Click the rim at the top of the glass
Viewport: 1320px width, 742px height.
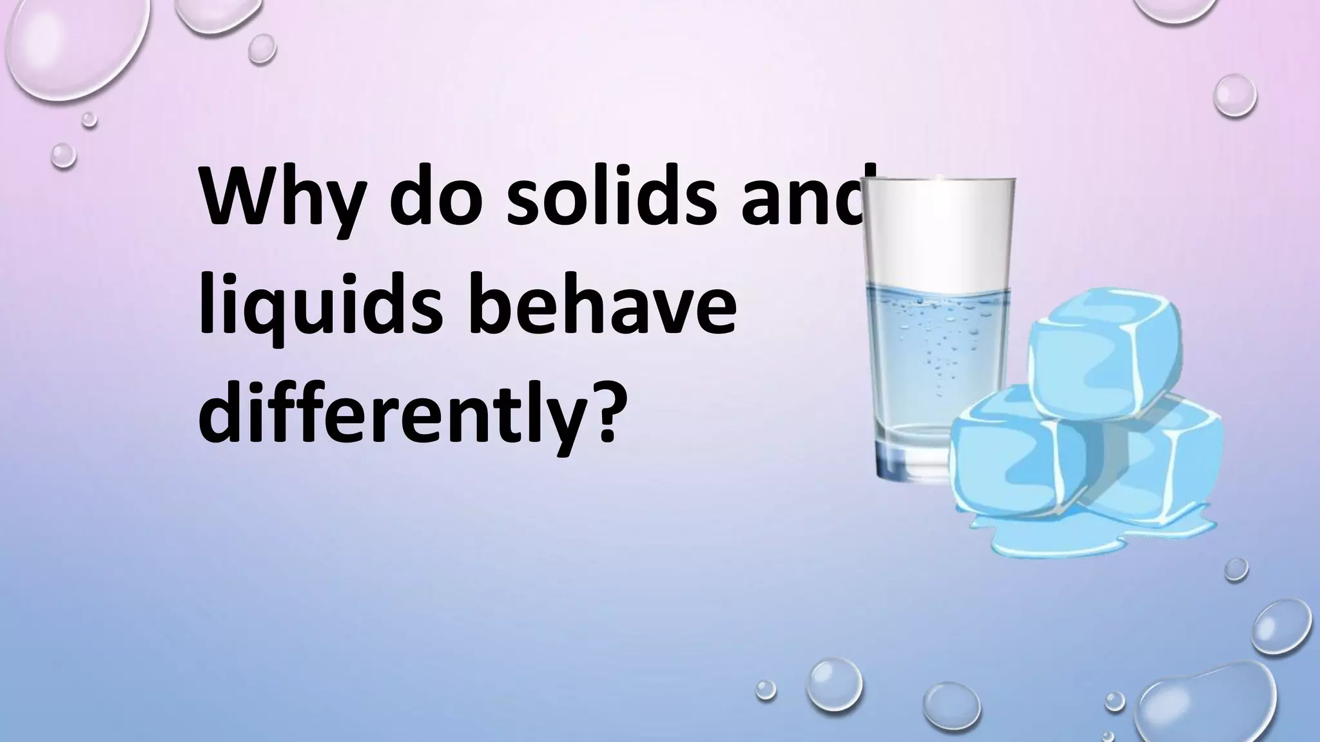click(940, 183)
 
